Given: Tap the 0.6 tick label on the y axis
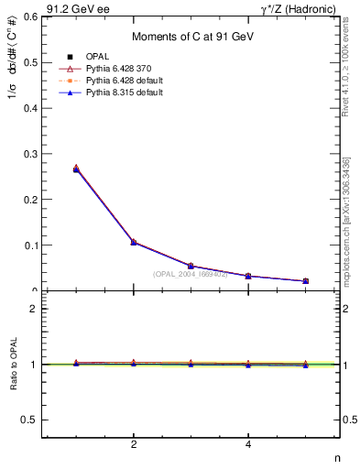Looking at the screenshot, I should pyautogui.click(x=29, y=16).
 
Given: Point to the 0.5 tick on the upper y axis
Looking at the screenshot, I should pyautogui.click(x=29, y=62).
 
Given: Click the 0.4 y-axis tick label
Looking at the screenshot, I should pyautogui.click(x=29, y=108).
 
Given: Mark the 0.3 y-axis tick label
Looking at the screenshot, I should pyautogui.click(x=29, y=154).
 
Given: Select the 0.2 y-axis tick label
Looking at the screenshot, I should pyautogui.click(x=29, y=200).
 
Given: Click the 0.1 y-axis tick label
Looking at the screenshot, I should pyautogui.click(x=29, y=245).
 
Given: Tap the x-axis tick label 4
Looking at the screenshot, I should pyautogui.click(x=248, y=445).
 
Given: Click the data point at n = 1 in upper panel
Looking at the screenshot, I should pyautogui.click(x=76, y=169).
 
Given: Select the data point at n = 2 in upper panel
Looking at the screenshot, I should pyautogui.click(x=134, y=243).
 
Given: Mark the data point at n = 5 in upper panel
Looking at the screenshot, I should pyautogui.click(x=306, y=281).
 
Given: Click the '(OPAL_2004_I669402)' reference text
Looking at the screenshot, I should pyautogui.click(x=190, y=274).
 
